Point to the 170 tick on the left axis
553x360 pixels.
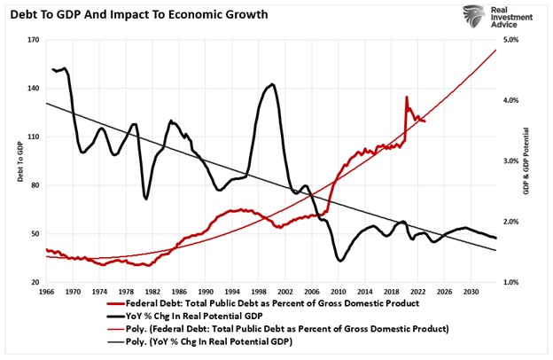34,41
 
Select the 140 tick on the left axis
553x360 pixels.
34,89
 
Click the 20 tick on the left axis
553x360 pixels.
35,282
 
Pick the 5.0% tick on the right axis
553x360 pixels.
512,41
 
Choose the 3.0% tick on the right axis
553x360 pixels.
512,161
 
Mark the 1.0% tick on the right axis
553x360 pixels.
512,282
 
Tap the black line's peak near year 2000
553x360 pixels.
271,84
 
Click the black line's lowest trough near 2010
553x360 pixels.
340,260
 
